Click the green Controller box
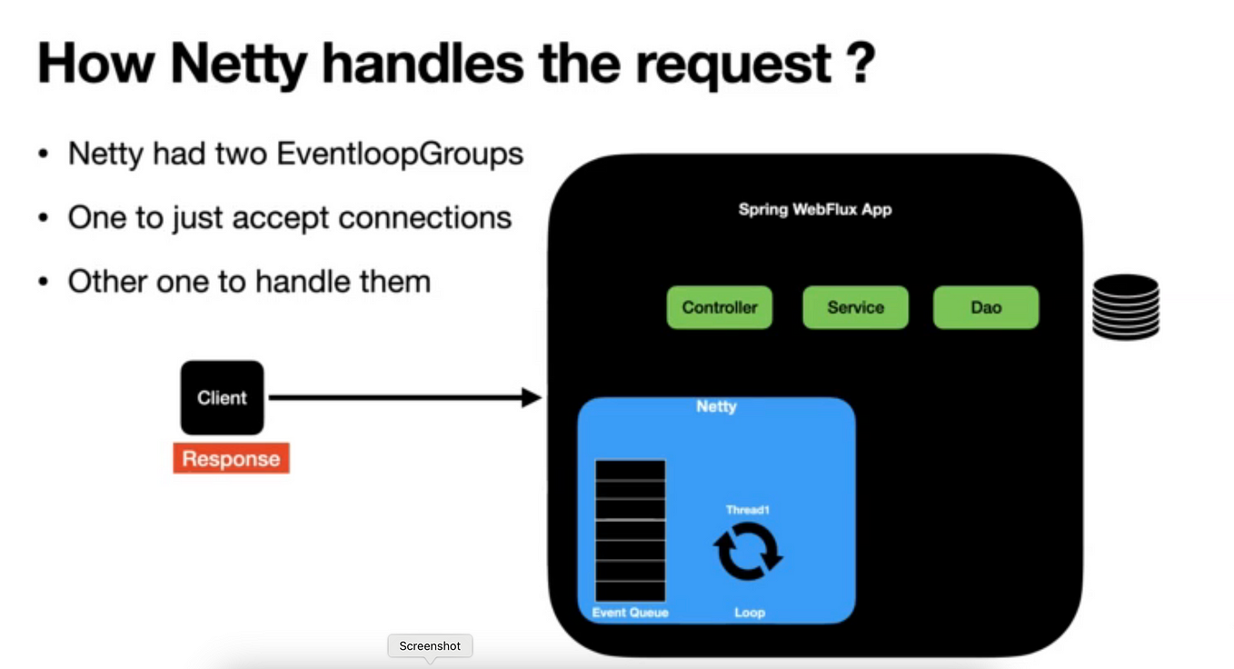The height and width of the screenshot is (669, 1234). (720, 307)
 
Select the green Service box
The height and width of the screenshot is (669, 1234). (856, 307)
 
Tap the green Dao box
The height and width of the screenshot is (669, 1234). (986, 307)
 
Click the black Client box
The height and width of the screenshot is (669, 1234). (222, 397)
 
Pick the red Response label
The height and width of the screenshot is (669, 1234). (232, 458)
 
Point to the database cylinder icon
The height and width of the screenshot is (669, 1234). (1126, 307)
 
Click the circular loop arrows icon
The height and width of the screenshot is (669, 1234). (748, 551)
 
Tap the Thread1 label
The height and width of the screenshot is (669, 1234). (748, 510)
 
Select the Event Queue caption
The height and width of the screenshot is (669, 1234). (631, 613)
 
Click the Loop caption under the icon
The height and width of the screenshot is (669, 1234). (750, 613)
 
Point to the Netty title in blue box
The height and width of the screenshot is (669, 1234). (716, 406)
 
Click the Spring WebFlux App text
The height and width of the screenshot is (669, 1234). (815, 209)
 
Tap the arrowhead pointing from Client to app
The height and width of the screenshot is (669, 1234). (532, 397)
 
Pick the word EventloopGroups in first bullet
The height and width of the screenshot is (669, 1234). (400, 155)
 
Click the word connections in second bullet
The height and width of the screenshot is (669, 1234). (424, 217)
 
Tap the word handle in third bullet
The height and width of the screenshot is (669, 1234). (303, 281)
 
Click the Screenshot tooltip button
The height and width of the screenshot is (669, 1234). (430, 646)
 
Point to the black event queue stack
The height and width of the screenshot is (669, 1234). (631, 530)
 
